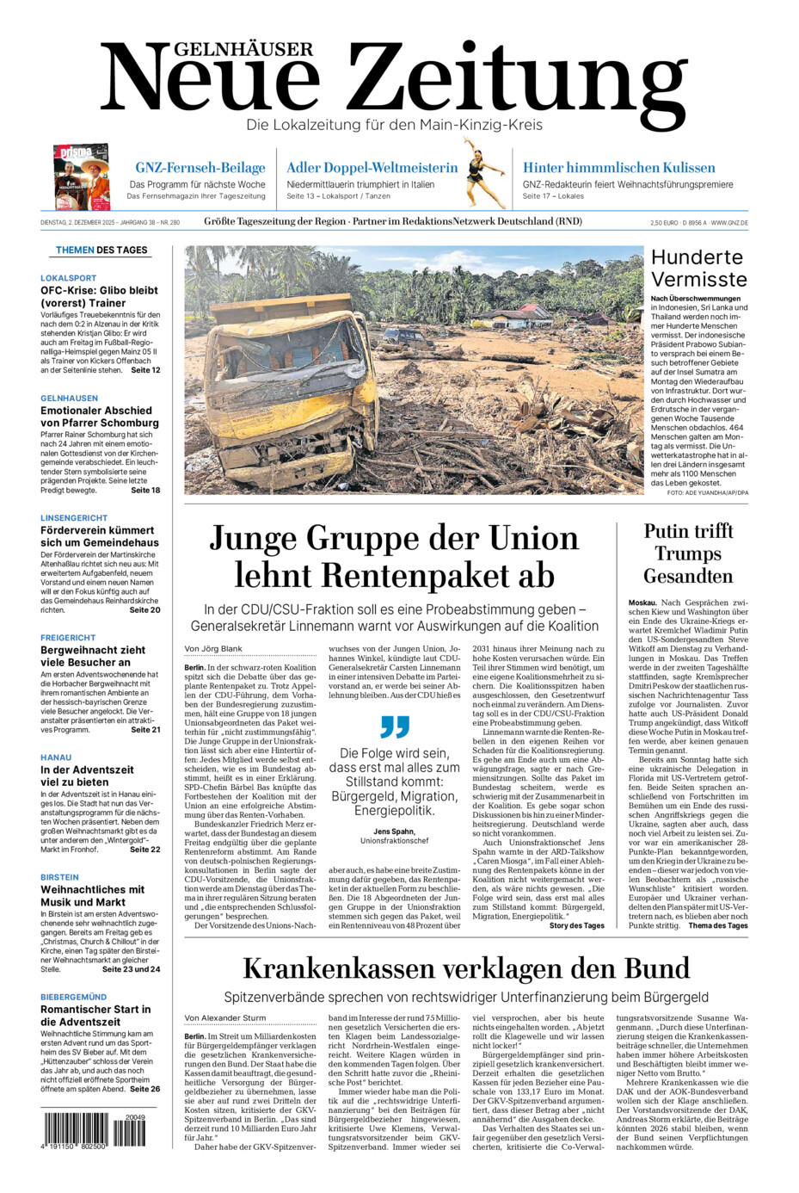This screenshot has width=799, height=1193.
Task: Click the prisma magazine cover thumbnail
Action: tap(81, 176)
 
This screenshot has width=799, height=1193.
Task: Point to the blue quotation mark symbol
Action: tap(395, 726)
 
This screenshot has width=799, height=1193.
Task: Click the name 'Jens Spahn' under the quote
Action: tap(394, 831)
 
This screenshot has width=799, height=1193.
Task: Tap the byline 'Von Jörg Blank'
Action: tap(213, 649)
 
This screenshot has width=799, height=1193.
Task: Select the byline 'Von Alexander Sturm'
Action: tap(225, 1018)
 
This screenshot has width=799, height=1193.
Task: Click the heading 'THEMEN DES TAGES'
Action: tap(101, 250)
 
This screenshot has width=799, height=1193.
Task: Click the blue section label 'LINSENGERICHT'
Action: tap(74, 518)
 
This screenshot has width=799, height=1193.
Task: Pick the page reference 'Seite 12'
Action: tap(144, 370)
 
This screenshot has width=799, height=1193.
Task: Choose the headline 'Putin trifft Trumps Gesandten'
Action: tap(688, 553)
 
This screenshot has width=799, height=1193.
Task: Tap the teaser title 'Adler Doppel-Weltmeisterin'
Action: tap(372, 168)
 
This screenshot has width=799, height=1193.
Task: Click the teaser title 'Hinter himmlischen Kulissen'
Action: tap(618, 168)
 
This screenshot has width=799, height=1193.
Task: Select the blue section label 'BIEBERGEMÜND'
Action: tap(74, 997)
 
